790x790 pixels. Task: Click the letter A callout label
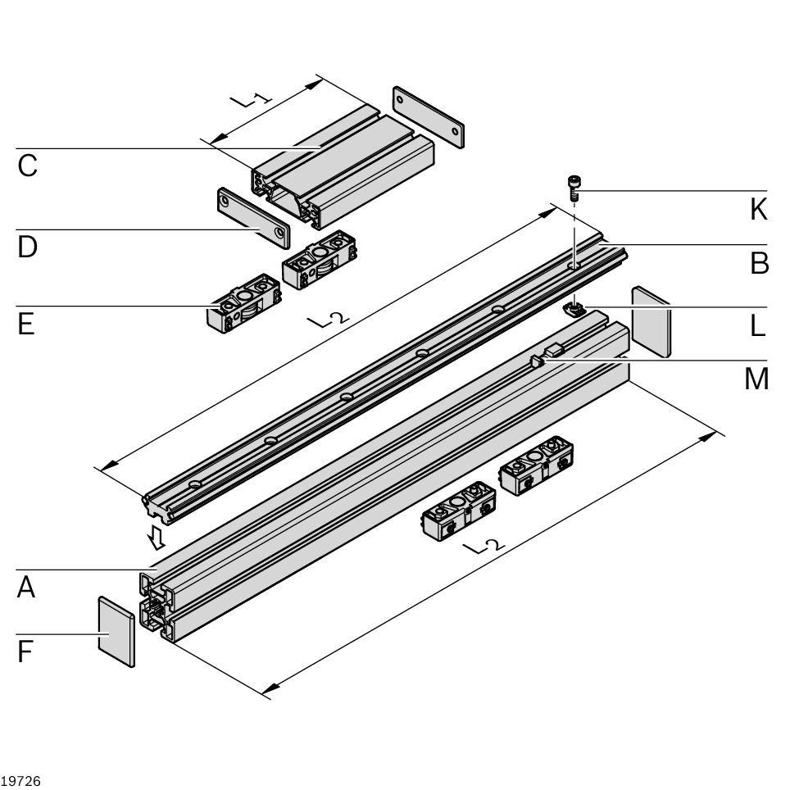26,587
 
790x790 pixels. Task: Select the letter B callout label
759,263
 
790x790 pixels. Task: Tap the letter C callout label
27,166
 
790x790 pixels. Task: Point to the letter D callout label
27,247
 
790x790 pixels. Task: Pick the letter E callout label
25,324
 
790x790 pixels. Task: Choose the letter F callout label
25,652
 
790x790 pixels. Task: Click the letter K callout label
758,210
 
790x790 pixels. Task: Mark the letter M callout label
756,379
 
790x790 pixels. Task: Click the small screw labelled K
574,188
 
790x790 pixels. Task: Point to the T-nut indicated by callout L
575,308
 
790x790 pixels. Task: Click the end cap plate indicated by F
116,632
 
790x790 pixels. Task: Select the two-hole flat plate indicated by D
253,217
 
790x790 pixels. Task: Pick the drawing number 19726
21,780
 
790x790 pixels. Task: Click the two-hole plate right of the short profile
428,116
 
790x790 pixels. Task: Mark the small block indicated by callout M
552,350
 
